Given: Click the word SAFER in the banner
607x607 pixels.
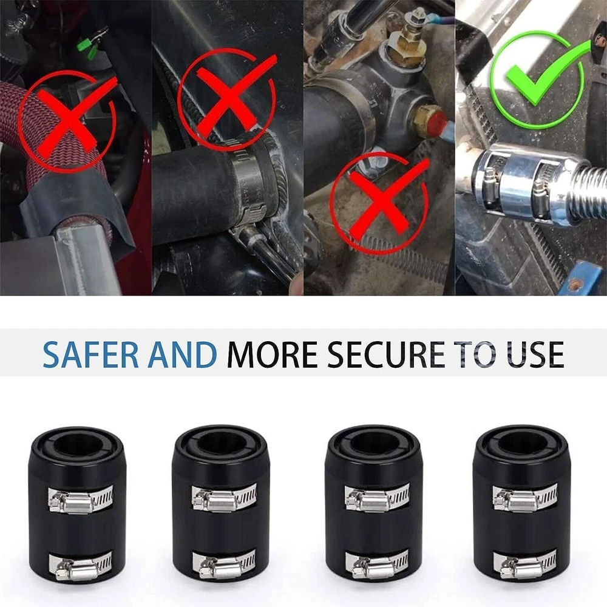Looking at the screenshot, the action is tap(90, 354).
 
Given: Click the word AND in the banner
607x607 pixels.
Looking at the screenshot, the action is tap(182, 354).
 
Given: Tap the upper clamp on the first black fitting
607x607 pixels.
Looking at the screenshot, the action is tap(81, 499).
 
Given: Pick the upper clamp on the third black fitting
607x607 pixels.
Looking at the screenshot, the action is tap(377, 498).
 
